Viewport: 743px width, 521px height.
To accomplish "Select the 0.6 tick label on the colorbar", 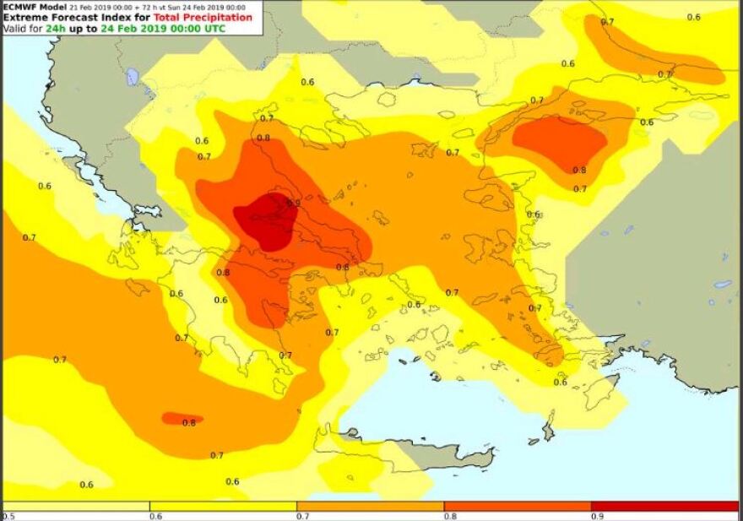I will pos(155,515).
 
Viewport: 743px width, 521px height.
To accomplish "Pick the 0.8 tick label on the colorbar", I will pos(449,515).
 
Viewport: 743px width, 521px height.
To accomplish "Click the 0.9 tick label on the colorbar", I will pos(596,515).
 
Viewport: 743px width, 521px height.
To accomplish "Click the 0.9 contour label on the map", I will pos(294,203).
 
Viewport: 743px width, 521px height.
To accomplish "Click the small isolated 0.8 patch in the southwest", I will pos(181,418).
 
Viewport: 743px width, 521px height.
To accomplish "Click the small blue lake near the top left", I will pos(132,77).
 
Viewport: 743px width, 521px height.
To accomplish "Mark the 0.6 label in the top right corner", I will pos(693,17).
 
